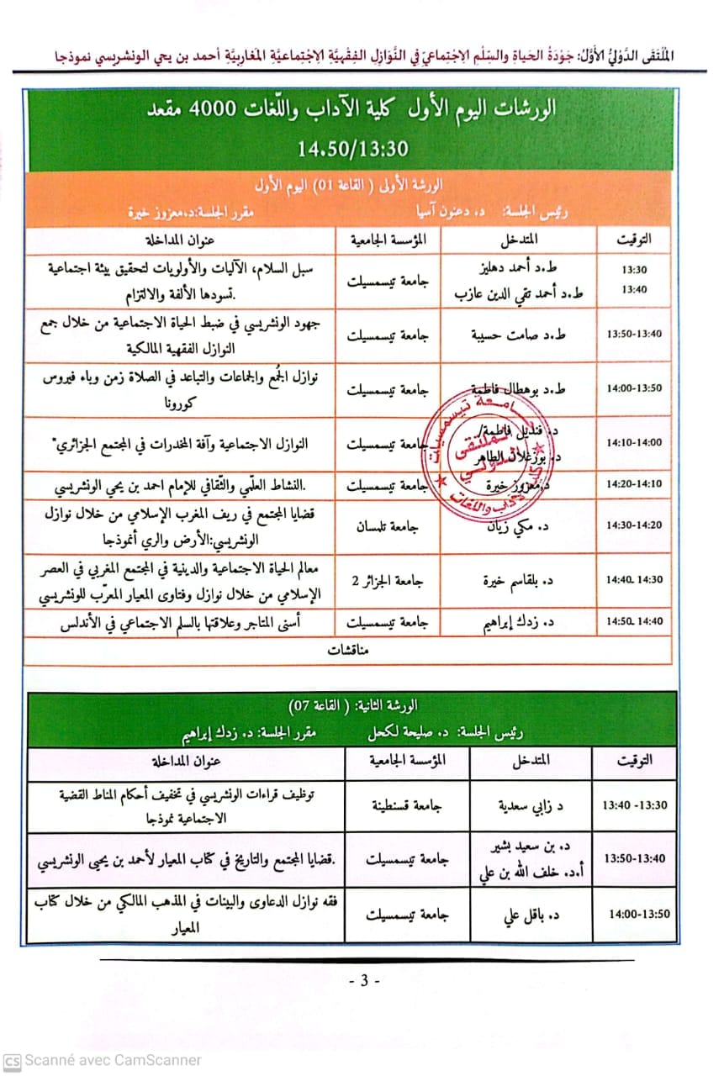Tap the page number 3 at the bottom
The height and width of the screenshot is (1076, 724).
[363, 981]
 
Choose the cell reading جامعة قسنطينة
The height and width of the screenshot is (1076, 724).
[407, 804]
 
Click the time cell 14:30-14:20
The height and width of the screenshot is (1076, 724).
[634, 525]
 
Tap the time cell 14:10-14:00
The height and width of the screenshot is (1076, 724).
[634, 442]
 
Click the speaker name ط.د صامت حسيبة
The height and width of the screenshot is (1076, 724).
[518, 334]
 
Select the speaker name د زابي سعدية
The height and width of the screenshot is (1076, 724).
[531, 805]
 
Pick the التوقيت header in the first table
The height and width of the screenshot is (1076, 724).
[634, 240]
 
